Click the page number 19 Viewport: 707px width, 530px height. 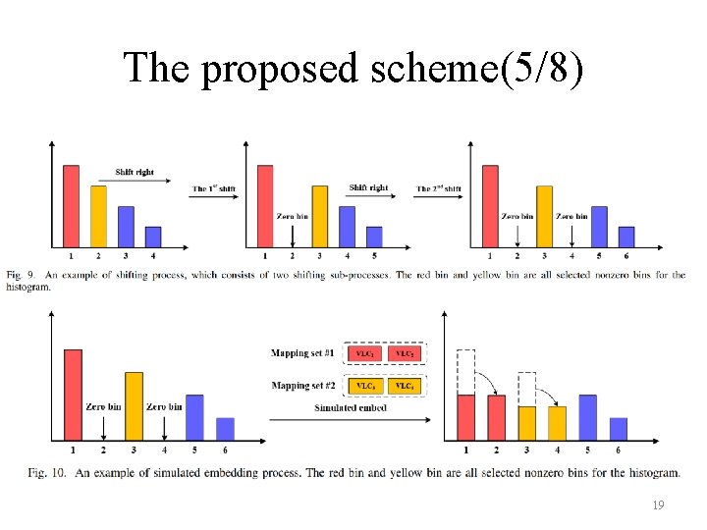coord(658,505)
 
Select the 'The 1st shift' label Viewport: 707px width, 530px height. coord(212,188)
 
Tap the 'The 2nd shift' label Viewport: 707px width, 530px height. coord(438,188)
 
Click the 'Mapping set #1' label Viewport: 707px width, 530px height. coord(303,352)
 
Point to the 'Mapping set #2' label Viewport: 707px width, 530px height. coord(303,386)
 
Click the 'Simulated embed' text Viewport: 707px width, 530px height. coord(351,407)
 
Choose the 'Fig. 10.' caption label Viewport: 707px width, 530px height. coord(48,473)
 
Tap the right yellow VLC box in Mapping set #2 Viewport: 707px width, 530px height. coord(405,386)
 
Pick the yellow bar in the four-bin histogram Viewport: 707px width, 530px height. coord(98,216)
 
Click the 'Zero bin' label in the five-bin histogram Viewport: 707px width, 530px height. coord(293,216)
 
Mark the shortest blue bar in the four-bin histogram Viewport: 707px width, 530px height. coord(153,237)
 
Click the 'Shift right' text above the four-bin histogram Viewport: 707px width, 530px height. coord(135,172)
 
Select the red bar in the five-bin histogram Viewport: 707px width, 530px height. coord(265,206)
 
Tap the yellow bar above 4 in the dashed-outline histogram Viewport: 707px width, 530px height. coord(557,422)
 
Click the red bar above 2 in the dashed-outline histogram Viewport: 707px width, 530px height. coord(497,417)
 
